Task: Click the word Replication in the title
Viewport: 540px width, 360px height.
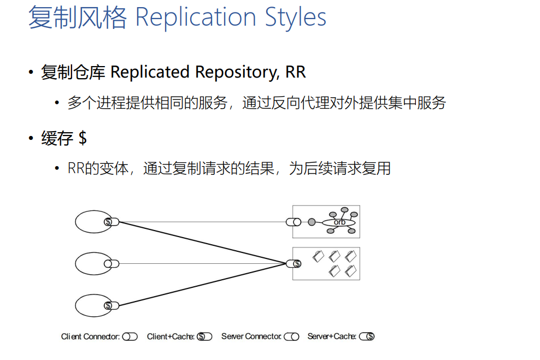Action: coord(196,17)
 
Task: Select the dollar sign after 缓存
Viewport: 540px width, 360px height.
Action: coord(83,138)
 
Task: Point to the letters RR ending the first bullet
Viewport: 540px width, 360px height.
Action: coord(296,72)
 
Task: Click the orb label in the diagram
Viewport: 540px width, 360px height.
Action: coord(339,222)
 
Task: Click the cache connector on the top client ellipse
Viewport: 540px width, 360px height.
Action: coord(111,222)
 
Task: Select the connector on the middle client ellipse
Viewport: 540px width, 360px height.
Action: coord(111,264)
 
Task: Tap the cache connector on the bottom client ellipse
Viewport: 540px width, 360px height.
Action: coord(111,305)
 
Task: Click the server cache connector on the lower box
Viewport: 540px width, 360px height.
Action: coord(294,264)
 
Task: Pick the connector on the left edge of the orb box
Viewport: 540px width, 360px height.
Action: coord(294,222)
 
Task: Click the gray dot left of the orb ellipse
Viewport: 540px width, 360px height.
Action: coord(312,222)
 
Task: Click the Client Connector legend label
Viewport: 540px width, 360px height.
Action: coord(90,337)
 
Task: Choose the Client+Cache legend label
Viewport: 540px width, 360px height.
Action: coord(170,337)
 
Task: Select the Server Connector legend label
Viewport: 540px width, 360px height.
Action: coord(251,337)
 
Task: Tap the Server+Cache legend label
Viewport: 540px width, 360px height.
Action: coord(332,337)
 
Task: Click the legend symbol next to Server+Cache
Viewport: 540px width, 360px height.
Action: coord(367,337)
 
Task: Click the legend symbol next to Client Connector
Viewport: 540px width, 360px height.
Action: coord(130,337)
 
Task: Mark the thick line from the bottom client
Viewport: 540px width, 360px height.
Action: coord(202,285)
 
